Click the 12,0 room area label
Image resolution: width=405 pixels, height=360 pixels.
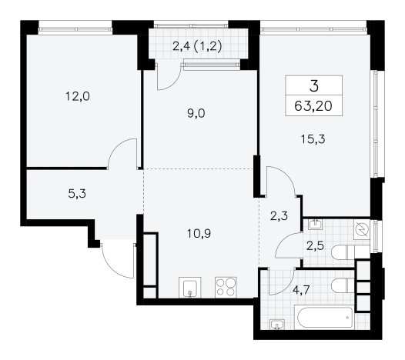point(78,96)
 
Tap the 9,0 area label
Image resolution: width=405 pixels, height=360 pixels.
point(196,113)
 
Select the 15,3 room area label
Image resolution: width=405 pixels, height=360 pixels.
point(313,139)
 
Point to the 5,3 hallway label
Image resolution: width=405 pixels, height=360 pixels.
point(77,193)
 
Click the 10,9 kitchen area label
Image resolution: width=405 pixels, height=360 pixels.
point(199,234)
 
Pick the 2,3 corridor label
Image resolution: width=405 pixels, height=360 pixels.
point(279,216)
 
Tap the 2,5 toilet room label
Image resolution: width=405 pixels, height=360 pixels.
point(315,246)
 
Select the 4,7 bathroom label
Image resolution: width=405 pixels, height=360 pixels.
point(301,290)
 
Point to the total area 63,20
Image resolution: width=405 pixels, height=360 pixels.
point(313,106)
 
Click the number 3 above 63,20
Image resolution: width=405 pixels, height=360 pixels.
point(314,86)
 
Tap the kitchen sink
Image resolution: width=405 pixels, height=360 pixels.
point(190,288)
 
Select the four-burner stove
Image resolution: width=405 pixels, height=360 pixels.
point(226,288)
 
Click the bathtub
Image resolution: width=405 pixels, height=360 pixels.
point(325,317)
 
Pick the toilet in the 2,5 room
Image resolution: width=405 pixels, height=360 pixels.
point(350,252)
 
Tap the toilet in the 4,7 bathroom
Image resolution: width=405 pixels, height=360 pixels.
point(343,285)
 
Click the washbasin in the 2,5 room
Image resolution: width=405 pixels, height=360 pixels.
point(315,225)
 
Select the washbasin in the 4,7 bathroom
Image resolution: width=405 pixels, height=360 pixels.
point(277,325)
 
